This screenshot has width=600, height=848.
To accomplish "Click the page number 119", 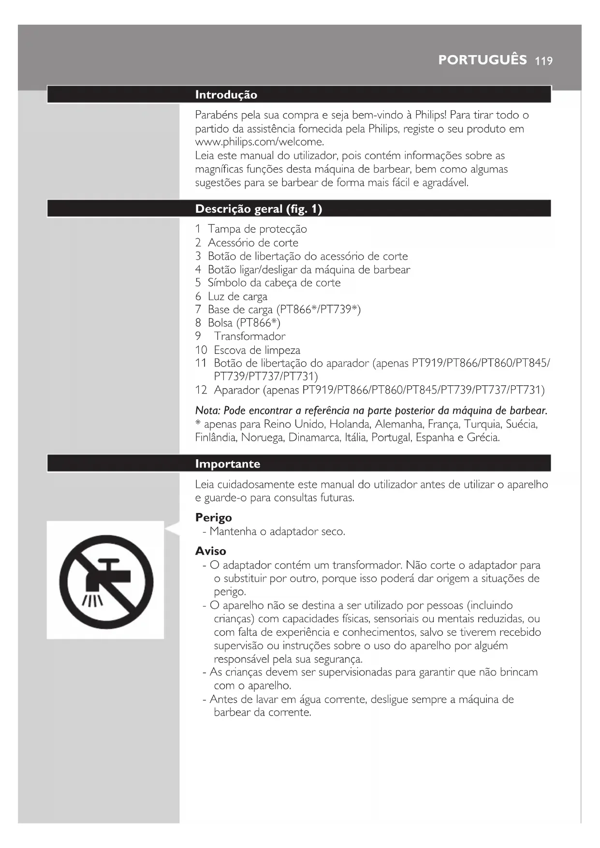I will pos(544,61).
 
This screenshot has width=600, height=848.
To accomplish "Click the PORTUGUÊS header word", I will pos(482,60).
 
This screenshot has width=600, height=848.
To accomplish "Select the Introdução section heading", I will pos(226,95).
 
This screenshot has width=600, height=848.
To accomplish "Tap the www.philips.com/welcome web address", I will pos(259,142).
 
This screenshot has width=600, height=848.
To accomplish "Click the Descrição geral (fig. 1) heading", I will pos(258,209).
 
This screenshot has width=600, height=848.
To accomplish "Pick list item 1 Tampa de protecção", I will pos(251,229).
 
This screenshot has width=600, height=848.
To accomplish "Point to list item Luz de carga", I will pos(237,296).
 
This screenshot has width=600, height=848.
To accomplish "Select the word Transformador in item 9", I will pos(249,336).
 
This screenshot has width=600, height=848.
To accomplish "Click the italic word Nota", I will pos(207,411).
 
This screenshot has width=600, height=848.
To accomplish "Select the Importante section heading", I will pos(227,464).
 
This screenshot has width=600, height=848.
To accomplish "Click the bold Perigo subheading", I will pos(213,518).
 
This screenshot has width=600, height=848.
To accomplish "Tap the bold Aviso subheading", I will pos(210,551).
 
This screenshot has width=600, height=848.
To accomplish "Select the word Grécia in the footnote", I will pos(483,438).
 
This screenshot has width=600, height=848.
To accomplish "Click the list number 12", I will pos(201,390).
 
